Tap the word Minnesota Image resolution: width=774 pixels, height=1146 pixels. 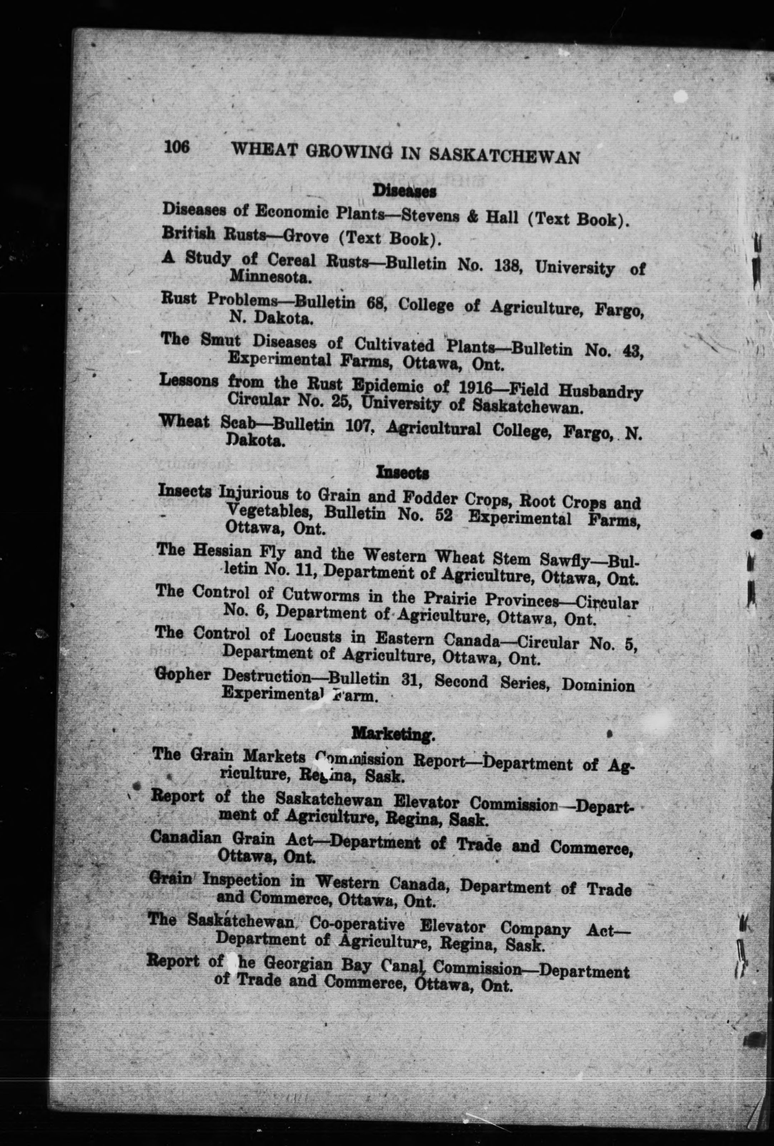tap(270, 278)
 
